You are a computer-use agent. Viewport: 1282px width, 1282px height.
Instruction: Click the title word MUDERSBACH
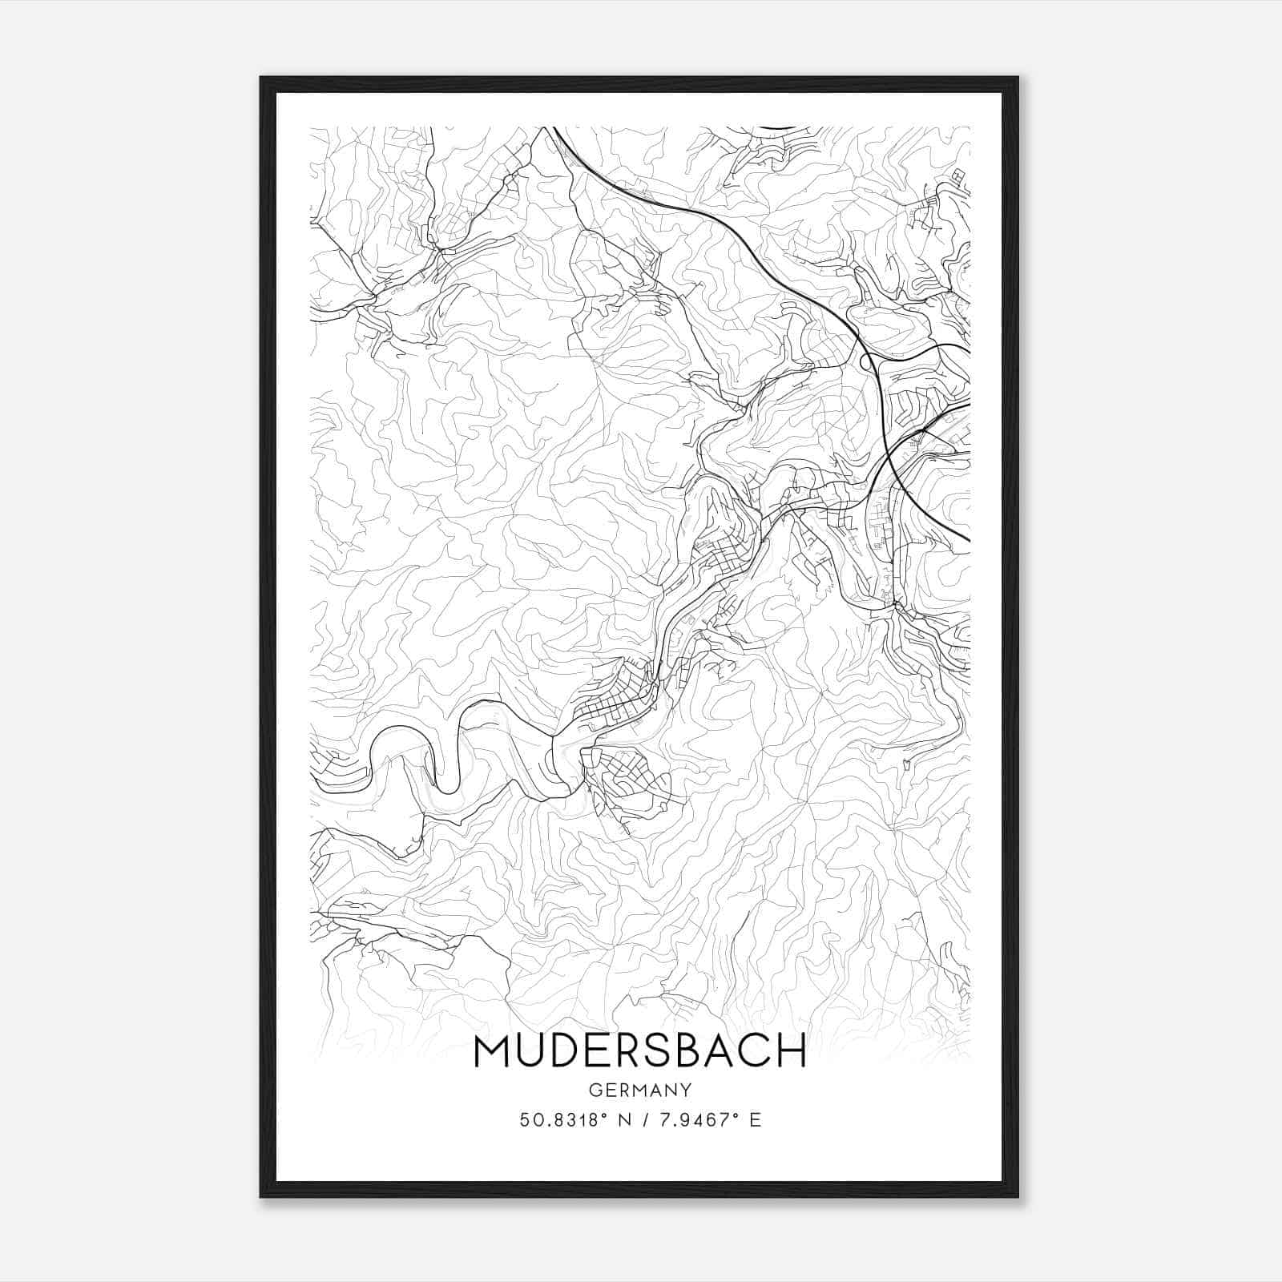pos(640,1050)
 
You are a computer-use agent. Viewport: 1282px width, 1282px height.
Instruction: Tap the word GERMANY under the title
pos(640,1090)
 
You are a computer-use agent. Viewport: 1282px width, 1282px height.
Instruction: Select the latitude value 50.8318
pos(558,1120)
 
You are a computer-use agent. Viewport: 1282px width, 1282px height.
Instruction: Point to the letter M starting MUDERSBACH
pos(492,1050)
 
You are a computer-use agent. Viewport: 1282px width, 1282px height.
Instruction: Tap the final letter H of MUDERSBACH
pos(792,1050)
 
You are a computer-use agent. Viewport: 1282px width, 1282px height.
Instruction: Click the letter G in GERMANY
pos(594,1090)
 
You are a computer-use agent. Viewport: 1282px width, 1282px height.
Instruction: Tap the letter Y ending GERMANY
pos(686,1090)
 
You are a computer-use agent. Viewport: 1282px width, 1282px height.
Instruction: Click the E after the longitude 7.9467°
pos(754,1120)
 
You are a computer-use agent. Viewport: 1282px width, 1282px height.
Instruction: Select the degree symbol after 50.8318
pos(602,1115)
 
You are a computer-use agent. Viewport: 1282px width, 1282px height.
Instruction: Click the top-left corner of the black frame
pos(261,79)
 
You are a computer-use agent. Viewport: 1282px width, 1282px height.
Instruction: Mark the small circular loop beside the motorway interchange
pos(866,363)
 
